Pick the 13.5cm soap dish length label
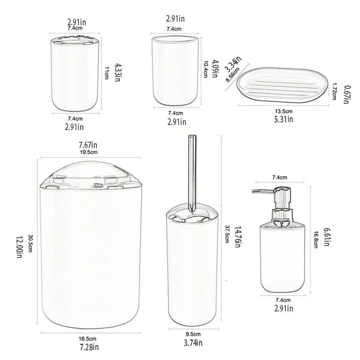tap(283, 112)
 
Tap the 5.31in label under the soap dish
tap(283, 119)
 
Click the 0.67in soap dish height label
tap(347, 95)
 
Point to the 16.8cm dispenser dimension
tap(316, 239)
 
